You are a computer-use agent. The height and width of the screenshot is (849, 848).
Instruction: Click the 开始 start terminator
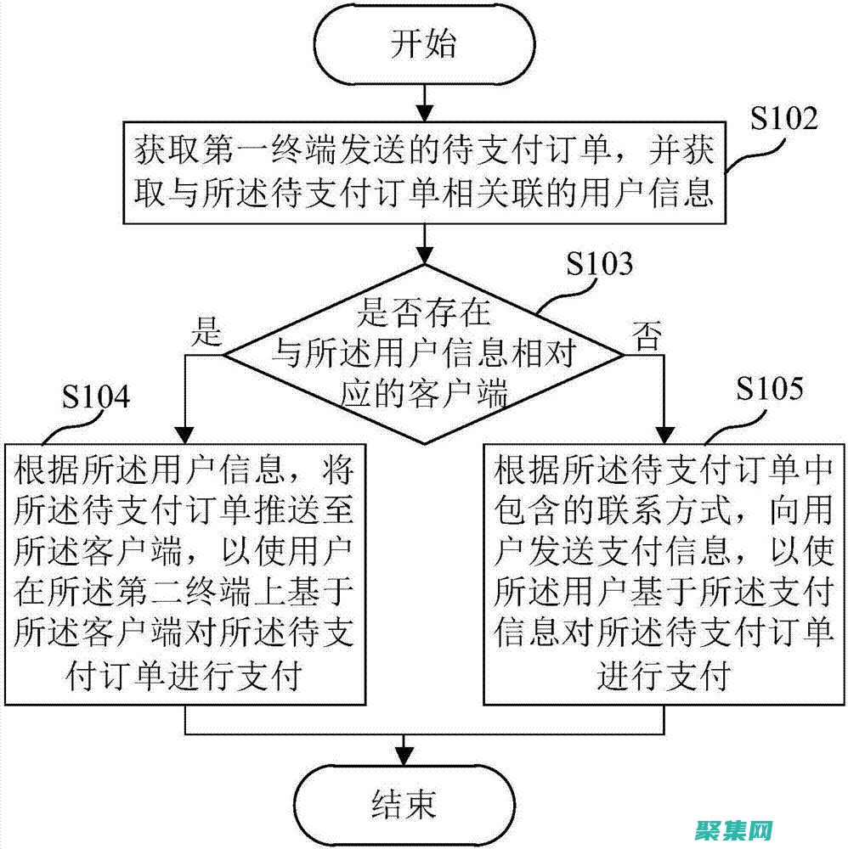[422, 43]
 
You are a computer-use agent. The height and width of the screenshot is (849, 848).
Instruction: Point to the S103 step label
[600, 265]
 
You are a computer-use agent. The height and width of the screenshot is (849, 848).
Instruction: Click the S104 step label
[96, 397]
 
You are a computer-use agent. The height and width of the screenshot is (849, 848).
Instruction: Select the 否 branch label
[643, 337]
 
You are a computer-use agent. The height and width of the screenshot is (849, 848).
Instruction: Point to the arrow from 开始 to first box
[422, 101]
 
